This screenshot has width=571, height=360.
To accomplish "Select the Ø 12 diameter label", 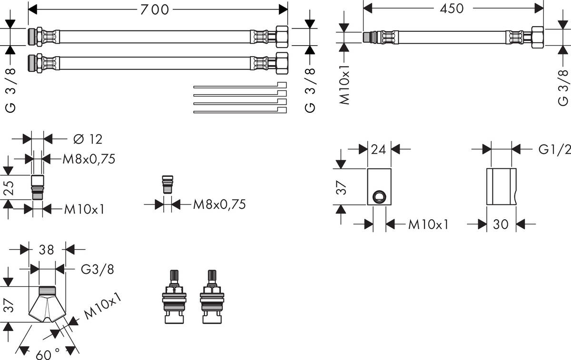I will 89,139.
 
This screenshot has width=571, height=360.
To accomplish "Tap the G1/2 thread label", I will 554,150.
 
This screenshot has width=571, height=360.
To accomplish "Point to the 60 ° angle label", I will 48,353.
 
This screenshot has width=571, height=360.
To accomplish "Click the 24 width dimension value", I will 379,150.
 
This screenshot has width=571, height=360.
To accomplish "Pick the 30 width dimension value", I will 501,224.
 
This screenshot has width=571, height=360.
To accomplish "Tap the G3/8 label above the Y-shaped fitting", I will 97,270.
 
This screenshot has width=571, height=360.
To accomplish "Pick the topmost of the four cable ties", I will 240,86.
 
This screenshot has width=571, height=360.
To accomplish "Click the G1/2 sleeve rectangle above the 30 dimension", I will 501,186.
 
